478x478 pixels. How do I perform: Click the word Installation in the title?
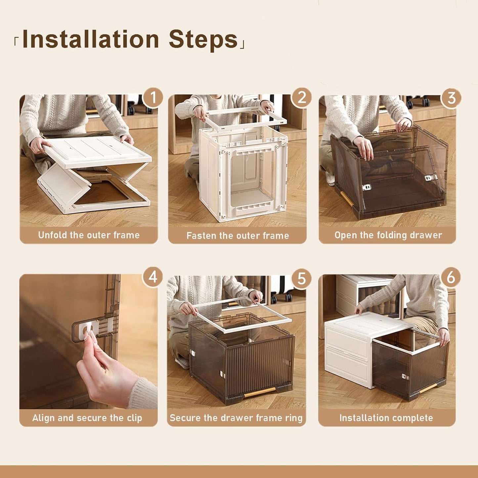click(90, 40)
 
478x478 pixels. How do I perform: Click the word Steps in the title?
click(203, 40)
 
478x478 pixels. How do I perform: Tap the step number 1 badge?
click(152, 98)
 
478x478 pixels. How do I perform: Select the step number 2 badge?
click(301, 98)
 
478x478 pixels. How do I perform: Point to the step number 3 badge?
click(451, 98)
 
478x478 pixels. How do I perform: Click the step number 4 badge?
click(152, 277)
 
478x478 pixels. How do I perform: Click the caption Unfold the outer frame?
click(89, 235)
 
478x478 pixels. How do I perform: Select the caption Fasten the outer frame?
click(238, 236)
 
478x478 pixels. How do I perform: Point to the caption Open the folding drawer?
click(388, 235)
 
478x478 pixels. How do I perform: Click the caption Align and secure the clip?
click(87, 418)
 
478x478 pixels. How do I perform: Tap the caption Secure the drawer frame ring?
click(236, 418)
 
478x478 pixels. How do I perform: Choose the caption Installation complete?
click(386, 418)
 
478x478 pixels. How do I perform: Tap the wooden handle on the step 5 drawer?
click(260, 392)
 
